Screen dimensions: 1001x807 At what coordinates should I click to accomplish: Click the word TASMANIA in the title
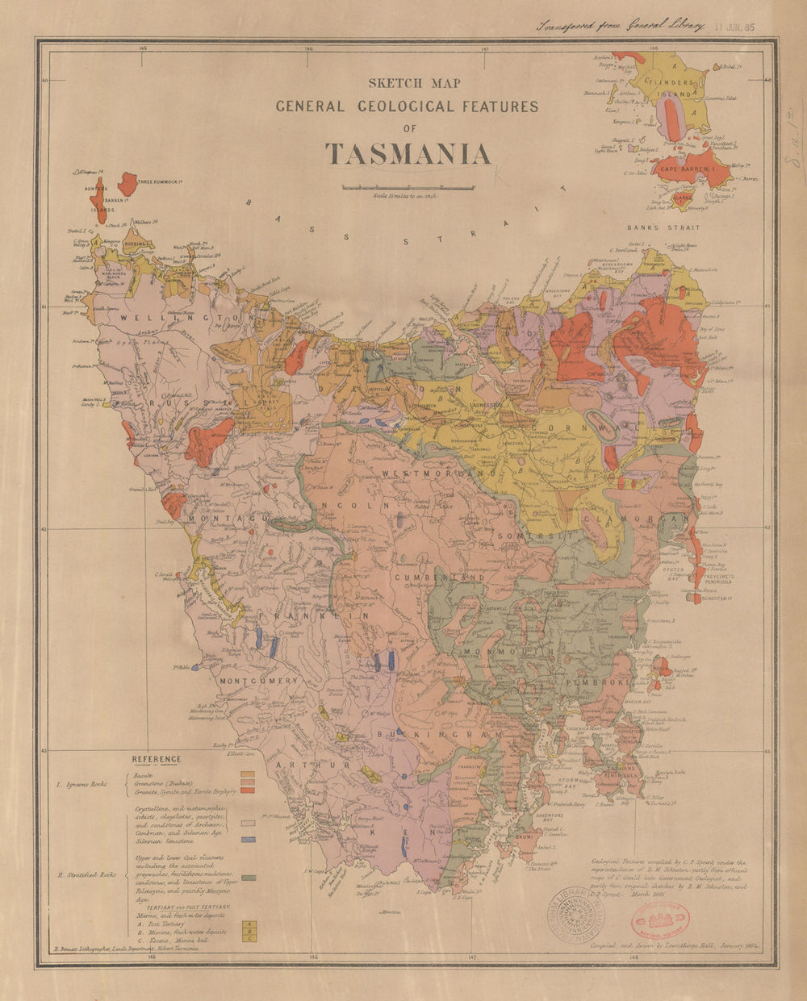coord(408,154)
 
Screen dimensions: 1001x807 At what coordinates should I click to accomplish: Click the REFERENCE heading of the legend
coord(157,759)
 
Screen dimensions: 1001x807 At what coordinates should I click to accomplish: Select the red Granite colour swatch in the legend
coord(249,790)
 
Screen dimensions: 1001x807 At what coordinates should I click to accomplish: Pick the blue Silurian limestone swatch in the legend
coord(249,840)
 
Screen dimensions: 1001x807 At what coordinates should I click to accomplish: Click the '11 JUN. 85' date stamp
coord(733,26)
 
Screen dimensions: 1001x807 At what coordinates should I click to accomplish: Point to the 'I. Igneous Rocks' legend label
coord(86,783)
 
